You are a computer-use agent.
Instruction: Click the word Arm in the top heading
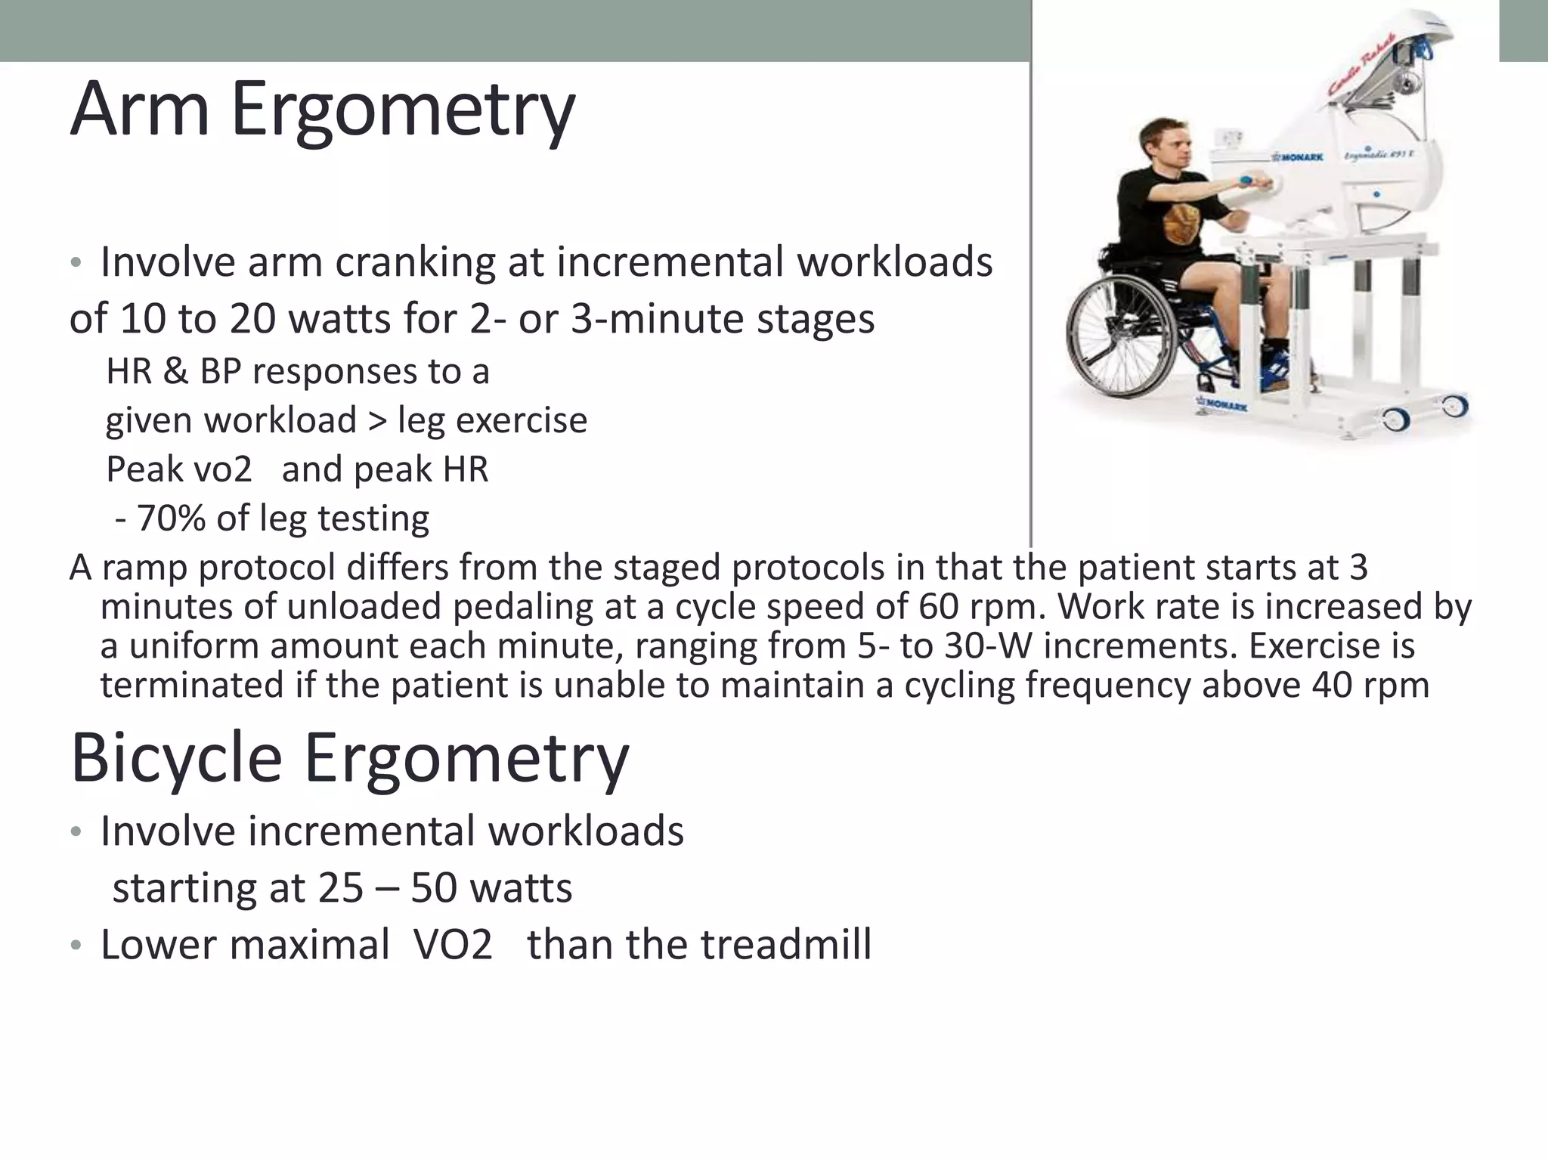(x=139, y=110)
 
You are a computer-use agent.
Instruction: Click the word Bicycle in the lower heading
(x=175, y=758)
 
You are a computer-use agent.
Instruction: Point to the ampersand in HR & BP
(x=175, y=372)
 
